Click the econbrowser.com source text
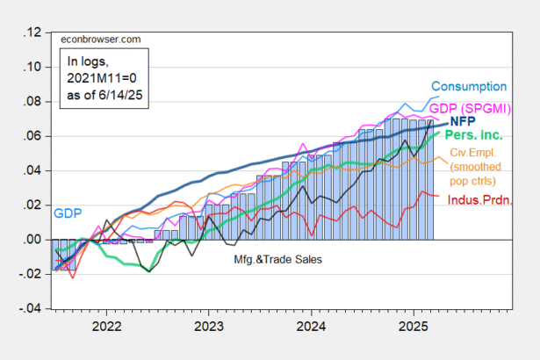tap(101, 40)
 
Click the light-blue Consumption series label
tap(469, 86)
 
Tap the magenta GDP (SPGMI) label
tap(470, 109)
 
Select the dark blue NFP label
tap(463, 121)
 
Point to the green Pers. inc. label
tap(473, 134)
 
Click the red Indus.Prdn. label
tap(479, 200)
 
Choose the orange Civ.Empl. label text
tap(473, 153)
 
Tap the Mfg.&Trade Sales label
tap(278, 259)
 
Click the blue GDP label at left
tap(68, 213)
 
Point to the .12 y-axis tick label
tap(32, 32)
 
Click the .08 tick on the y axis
tap(32, 102)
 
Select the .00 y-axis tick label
tap(32, 240)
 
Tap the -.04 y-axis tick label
tap(30, 309)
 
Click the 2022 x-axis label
tap(106, 327)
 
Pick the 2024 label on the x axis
tap(311, 327)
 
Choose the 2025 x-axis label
tap(414, 327)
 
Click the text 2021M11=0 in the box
tap(102, 78)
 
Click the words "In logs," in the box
tap(88, 61)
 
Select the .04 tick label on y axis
tap(32, 171)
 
